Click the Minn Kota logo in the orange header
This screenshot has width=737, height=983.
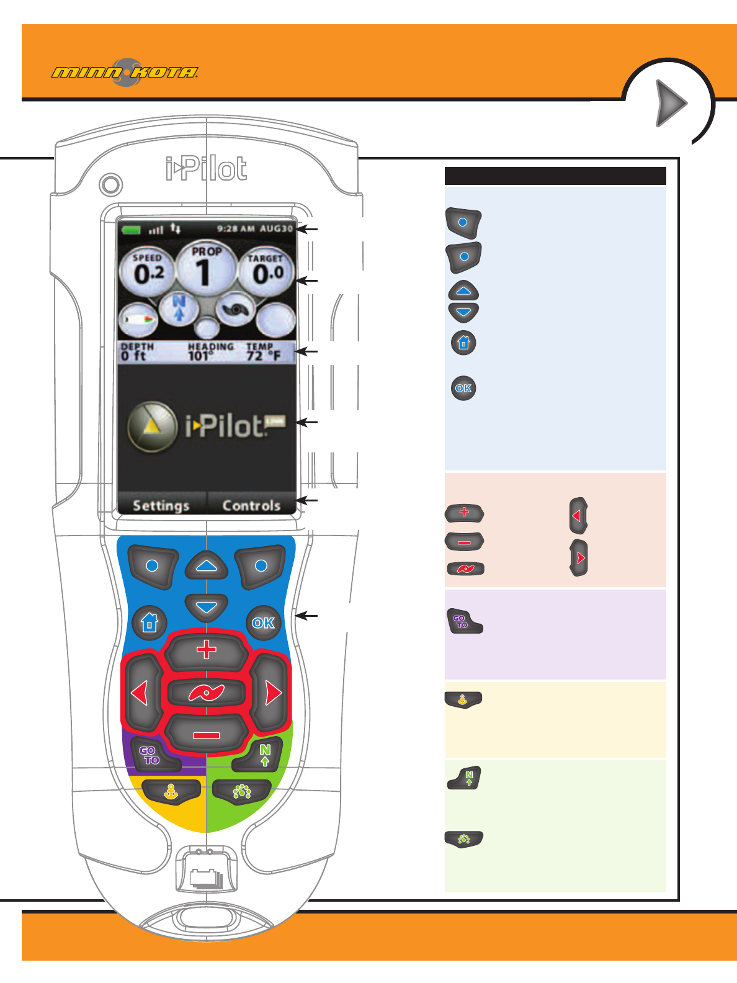(125, 73)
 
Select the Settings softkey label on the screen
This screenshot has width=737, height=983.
(161, 505)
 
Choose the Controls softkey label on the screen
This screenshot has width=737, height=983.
(251, 505)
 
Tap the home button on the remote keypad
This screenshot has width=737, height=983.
(150, 622)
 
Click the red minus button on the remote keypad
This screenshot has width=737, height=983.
(206, 735)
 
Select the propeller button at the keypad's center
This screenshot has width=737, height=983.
(206, 693)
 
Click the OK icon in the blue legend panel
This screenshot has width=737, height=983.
(463, 388)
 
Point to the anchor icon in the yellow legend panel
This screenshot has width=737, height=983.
(463, 699)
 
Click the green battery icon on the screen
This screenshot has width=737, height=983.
(132, 230)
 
